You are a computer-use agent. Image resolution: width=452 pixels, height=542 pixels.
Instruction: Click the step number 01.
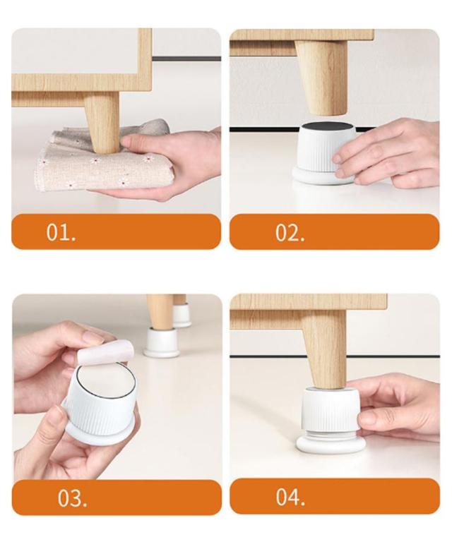coord(61,232)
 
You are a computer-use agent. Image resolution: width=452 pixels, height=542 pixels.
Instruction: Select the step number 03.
coord(72,498)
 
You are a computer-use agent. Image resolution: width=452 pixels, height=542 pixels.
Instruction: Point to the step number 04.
coord(290,497)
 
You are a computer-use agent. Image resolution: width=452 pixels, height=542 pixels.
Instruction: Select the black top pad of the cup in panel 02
coord(326,126)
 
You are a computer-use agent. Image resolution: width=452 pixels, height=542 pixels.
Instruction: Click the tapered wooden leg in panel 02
coord(321,77)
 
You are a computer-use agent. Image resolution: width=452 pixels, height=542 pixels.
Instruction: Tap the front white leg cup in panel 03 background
coord(162,342)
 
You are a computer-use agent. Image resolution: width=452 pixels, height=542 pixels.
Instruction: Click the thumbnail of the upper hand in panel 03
coord(93,338)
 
